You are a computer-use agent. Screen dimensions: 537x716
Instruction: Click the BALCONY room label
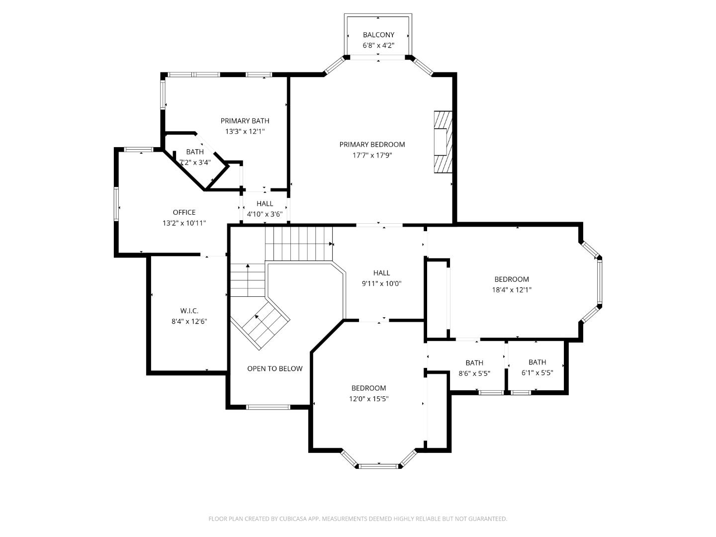pos(378,35)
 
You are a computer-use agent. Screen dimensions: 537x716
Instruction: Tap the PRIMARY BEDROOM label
pos(372,145)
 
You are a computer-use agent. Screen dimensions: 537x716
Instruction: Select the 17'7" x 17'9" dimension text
pos(372,155)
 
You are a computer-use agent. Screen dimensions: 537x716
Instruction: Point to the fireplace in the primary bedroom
pos(442,142)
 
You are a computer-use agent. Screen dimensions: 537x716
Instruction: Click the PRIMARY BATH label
pos(245,121)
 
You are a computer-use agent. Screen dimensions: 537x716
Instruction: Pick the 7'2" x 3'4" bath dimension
pos(195,162)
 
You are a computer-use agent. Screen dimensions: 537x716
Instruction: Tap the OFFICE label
pos(184,212)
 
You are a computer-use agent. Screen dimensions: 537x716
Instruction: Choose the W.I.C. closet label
pos(189,311)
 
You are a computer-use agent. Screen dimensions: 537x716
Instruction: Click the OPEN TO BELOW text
pos(274,368)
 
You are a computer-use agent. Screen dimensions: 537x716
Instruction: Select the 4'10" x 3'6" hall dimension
pos(265,214)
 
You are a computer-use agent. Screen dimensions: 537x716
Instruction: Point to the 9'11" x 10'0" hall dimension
pos(381,283)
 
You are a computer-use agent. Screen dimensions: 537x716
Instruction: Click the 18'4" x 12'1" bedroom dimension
pos(511,290)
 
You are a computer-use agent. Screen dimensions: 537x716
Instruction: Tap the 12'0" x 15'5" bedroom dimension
pos(368,399)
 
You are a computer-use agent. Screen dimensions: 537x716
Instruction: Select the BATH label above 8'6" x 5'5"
pos(474,363)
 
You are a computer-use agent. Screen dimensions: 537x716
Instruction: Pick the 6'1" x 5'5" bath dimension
pos(537,373)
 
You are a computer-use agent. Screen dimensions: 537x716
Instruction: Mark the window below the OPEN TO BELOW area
pos(268,407)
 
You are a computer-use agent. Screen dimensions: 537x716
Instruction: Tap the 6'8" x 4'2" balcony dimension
pos(378,45)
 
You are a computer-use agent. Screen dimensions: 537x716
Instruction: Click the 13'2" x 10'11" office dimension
pos(184,223)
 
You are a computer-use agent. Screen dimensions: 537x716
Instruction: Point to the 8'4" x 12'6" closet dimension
pos(189,321)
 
